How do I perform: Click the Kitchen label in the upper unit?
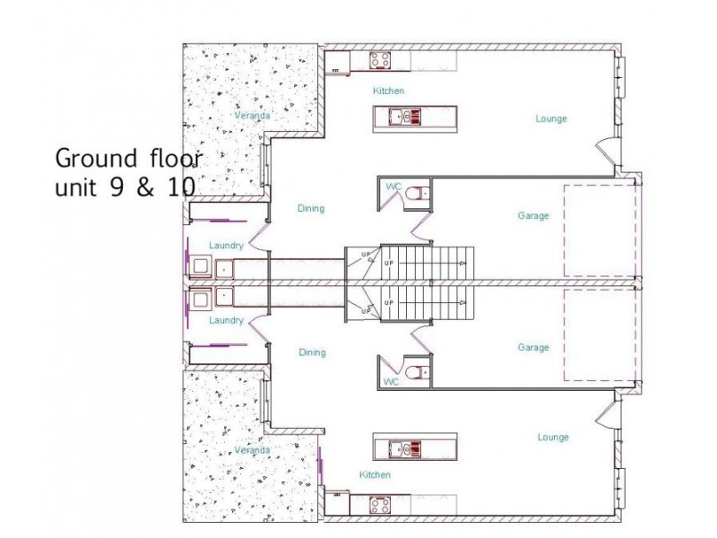(389, 91)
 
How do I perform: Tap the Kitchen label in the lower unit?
(375, 474)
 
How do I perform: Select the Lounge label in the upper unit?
(551, 118)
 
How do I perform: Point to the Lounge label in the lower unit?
(553, 438)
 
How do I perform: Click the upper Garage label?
(533, 216)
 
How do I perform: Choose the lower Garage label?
(533, 348)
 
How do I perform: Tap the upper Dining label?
(310, 209)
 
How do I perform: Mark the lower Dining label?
(310, 352)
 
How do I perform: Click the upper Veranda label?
(252, 117)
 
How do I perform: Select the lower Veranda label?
(252, 449)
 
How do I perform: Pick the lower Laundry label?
(226, 320)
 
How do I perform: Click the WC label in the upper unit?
(393, 186)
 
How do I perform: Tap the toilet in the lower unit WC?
(412, 371)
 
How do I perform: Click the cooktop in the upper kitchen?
(380, 61)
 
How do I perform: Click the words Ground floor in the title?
(129, 160)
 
